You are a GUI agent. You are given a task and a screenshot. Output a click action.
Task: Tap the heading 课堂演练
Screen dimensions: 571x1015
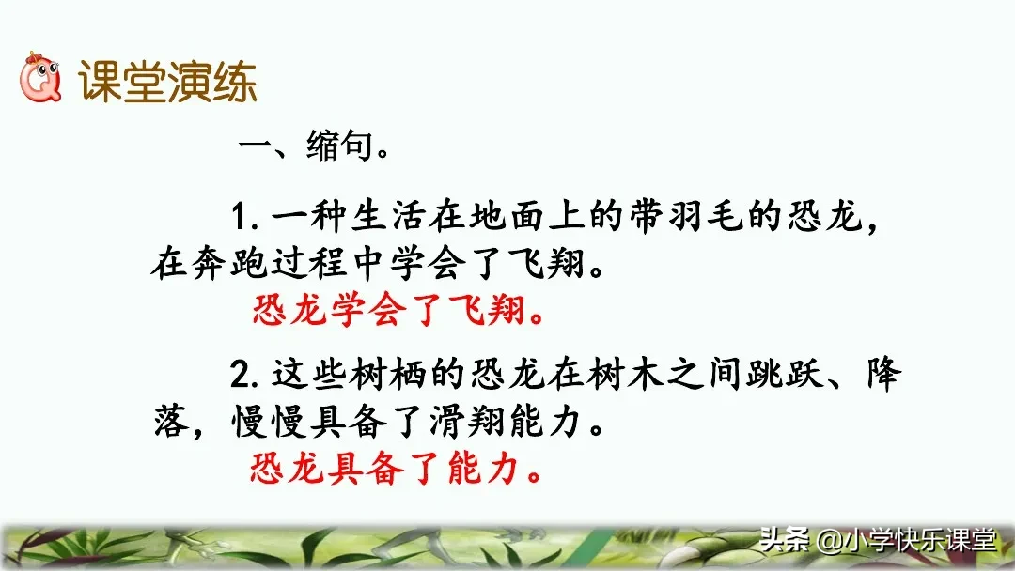pos(168,84)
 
